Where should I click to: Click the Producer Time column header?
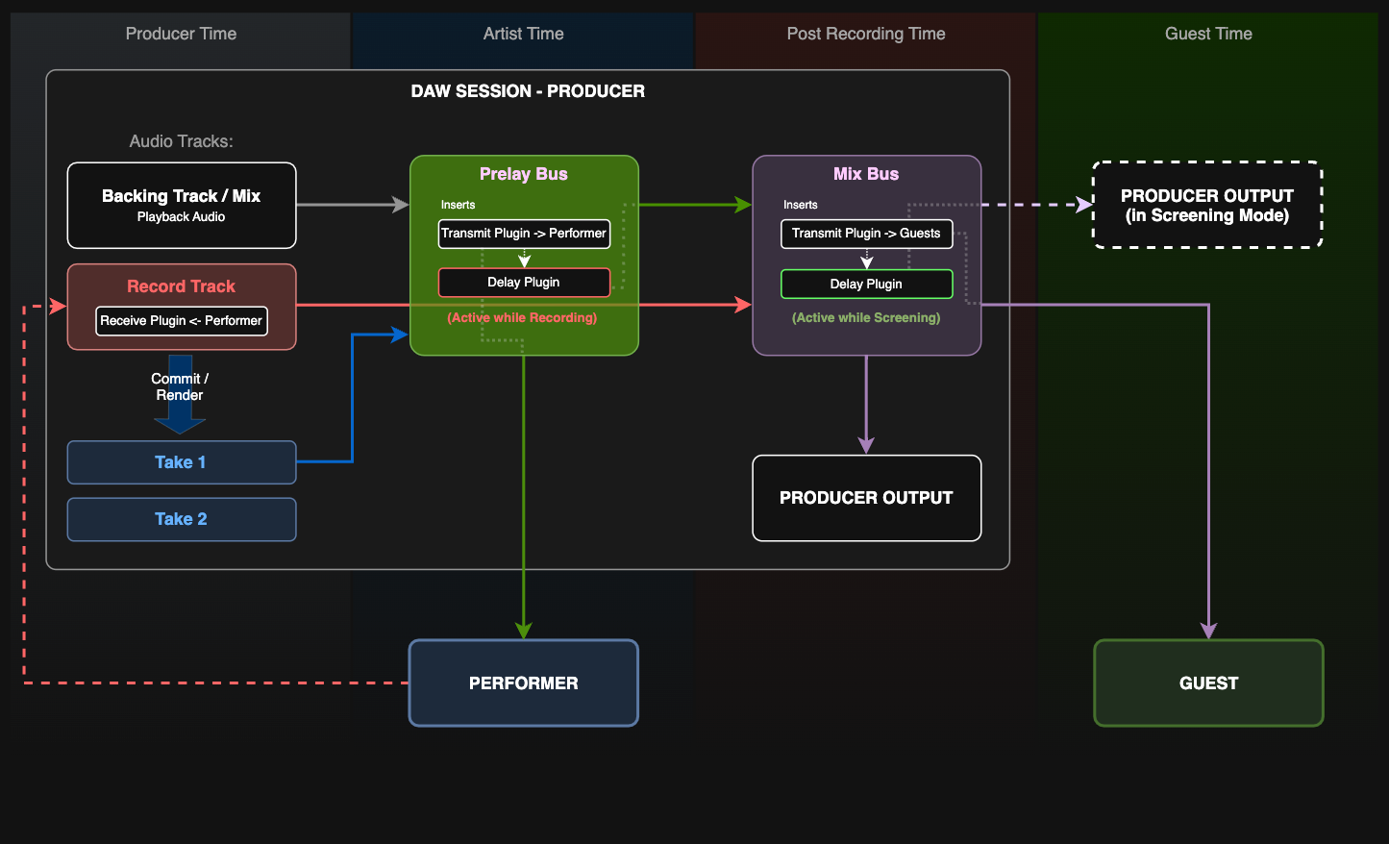click(x=181, y=34)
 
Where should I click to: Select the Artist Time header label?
click(x=523, y=34)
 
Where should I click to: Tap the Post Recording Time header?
click(x=865, y=34)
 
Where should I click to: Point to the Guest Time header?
click(x=1208, y=34)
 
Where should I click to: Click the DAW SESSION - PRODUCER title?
click(x=528, y=91)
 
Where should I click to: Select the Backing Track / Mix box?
click(x=181, y=205)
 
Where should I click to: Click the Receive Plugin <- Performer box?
click(x=181, y=321)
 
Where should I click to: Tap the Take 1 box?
click(x=181, y=462)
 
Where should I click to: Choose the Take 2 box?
click(x=181, y=519)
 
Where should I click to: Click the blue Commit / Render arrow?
click(x=180, y=394)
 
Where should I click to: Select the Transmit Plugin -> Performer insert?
click(x=524, y=234)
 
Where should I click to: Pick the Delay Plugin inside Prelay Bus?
click(x=524, y=283)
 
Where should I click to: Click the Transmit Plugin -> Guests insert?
click(x=866, y=234)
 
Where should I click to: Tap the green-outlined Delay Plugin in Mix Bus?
click(x=866, y=285)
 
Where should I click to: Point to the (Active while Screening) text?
click(x=866, y=318)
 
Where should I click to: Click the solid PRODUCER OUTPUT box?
click(x=866, y=498)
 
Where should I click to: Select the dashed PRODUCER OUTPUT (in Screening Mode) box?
click(x=1207, y=205)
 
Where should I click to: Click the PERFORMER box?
click(x=524, y=683)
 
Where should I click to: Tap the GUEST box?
click(x=1208, y=683)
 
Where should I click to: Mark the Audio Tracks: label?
click(x=181, y=141)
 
